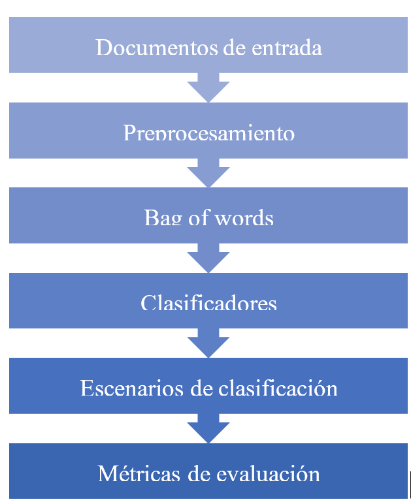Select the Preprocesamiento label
pos(208,133)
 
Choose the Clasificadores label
pos(208,304)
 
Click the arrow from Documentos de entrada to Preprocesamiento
pos(208,87)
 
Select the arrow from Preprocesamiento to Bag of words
pos(208,173)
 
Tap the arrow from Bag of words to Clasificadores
pos(208,258)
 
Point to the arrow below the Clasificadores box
pos(208,343)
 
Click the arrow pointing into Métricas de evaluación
pos(208,428)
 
